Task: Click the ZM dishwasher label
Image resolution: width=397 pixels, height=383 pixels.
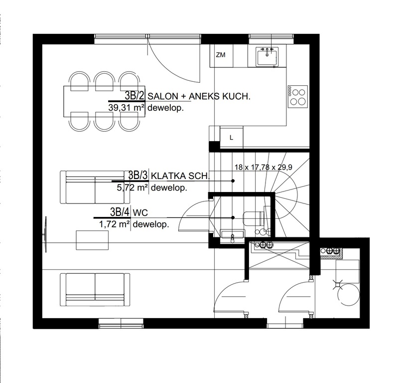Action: point(221,55)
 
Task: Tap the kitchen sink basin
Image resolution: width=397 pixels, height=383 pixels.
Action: point(267,56)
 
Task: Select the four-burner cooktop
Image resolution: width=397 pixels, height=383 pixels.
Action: point(298,96)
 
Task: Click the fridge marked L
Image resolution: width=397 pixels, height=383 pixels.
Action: point(232,137)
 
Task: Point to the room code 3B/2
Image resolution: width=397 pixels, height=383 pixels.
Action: point(134,96)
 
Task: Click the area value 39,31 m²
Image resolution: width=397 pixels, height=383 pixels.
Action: point(127,108)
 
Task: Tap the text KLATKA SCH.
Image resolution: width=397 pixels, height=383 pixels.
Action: point(180,176)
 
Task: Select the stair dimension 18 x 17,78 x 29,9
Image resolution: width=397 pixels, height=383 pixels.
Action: point(264,167)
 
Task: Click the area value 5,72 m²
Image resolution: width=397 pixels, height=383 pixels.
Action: point(132,188)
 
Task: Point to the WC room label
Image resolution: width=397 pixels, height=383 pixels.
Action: point(140,212)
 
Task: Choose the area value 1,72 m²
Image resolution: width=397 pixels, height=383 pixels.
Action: point(115,224)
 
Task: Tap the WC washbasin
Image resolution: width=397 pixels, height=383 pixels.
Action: point(233,234)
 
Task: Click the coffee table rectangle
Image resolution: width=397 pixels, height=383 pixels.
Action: point(93,240)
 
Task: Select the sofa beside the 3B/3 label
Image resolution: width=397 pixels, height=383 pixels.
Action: point(95,187)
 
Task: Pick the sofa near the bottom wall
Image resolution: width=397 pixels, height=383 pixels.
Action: point(95,290)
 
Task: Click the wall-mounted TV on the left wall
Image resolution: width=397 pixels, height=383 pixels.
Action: point(45,234)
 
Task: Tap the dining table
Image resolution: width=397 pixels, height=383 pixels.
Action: point(104,101)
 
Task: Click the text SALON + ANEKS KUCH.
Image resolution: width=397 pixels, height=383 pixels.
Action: point(199,96)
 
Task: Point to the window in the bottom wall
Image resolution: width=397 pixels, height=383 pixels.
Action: point(121,324)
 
